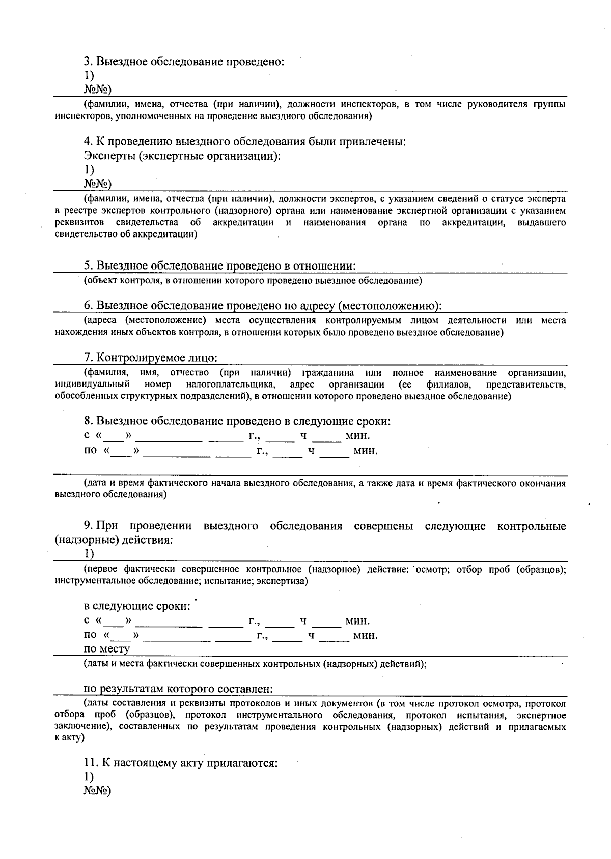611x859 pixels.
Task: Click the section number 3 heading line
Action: tap(184, 62)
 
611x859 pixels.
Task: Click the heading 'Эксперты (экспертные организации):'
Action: tap(182, 156)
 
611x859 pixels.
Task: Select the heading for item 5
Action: tap(219, 266)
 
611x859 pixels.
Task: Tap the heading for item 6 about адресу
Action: tap(263, 306)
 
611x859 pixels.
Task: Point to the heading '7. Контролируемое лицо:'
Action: tap(151, 358)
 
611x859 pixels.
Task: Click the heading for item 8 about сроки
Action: tap(237, 421)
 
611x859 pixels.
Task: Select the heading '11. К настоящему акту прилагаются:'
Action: tap(181, 763)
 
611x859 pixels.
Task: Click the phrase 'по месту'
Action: tap(107, 649)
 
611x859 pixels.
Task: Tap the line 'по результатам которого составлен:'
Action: tap(179, 689)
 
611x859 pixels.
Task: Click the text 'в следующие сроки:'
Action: tap(137, 606)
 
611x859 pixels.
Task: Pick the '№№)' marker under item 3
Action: tap(98, 90)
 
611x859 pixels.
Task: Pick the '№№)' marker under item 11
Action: tap(98, 791)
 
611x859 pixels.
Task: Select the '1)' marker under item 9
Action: tap(89, 553)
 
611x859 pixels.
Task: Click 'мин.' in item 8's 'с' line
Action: tap(357, 436)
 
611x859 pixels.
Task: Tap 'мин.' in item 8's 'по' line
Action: tap(366, 451)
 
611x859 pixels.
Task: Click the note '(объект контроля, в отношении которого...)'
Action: tap(253, 280)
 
